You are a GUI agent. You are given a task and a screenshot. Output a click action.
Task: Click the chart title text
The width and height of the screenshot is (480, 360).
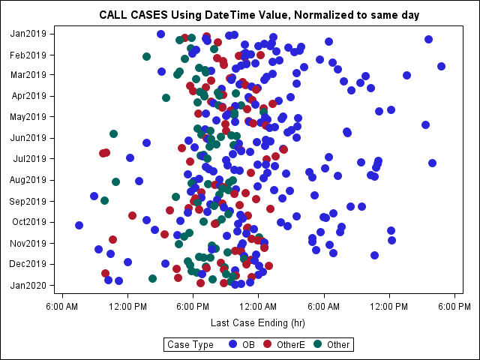coord(259,15)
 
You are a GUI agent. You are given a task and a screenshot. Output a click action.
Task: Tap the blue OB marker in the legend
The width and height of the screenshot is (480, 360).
coord(232,344)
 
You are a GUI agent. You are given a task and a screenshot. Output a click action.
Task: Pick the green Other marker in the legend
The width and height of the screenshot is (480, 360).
coord(318,344)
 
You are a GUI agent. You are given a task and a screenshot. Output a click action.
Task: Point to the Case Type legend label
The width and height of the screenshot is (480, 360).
coord(191,345)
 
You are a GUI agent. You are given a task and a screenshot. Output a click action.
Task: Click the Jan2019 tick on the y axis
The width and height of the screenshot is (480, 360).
coord(28,34)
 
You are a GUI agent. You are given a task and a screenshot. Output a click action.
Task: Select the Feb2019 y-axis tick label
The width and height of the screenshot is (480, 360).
coord(28,55)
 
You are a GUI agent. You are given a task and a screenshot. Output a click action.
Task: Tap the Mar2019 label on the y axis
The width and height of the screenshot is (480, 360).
coord(28,74)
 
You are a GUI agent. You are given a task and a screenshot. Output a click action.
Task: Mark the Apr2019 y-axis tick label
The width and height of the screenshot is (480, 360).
coord(28,96)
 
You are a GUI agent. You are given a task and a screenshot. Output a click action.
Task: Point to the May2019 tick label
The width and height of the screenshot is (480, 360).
coord(28,116)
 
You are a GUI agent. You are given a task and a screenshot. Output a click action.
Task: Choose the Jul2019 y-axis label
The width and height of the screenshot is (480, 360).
coord(28,159)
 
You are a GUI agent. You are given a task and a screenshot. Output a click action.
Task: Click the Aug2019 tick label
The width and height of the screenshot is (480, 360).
coord(28,180)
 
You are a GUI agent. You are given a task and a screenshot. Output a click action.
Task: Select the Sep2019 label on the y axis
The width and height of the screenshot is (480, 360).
coord(28,201)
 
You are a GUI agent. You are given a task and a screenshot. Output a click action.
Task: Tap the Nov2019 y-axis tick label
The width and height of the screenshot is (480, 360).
coord(28,243)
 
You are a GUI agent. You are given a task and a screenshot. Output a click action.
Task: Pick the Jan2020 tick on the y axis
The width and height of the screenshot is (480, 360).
coord(28,285)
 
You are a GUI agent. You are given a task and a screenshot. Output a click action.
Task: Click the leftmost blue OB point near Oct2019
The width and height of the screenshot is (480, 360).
coord(79,225)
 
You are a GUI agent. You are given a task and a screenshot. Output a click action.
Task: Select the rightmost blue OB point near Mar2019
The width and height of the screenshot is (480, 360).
coord(442,66)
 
